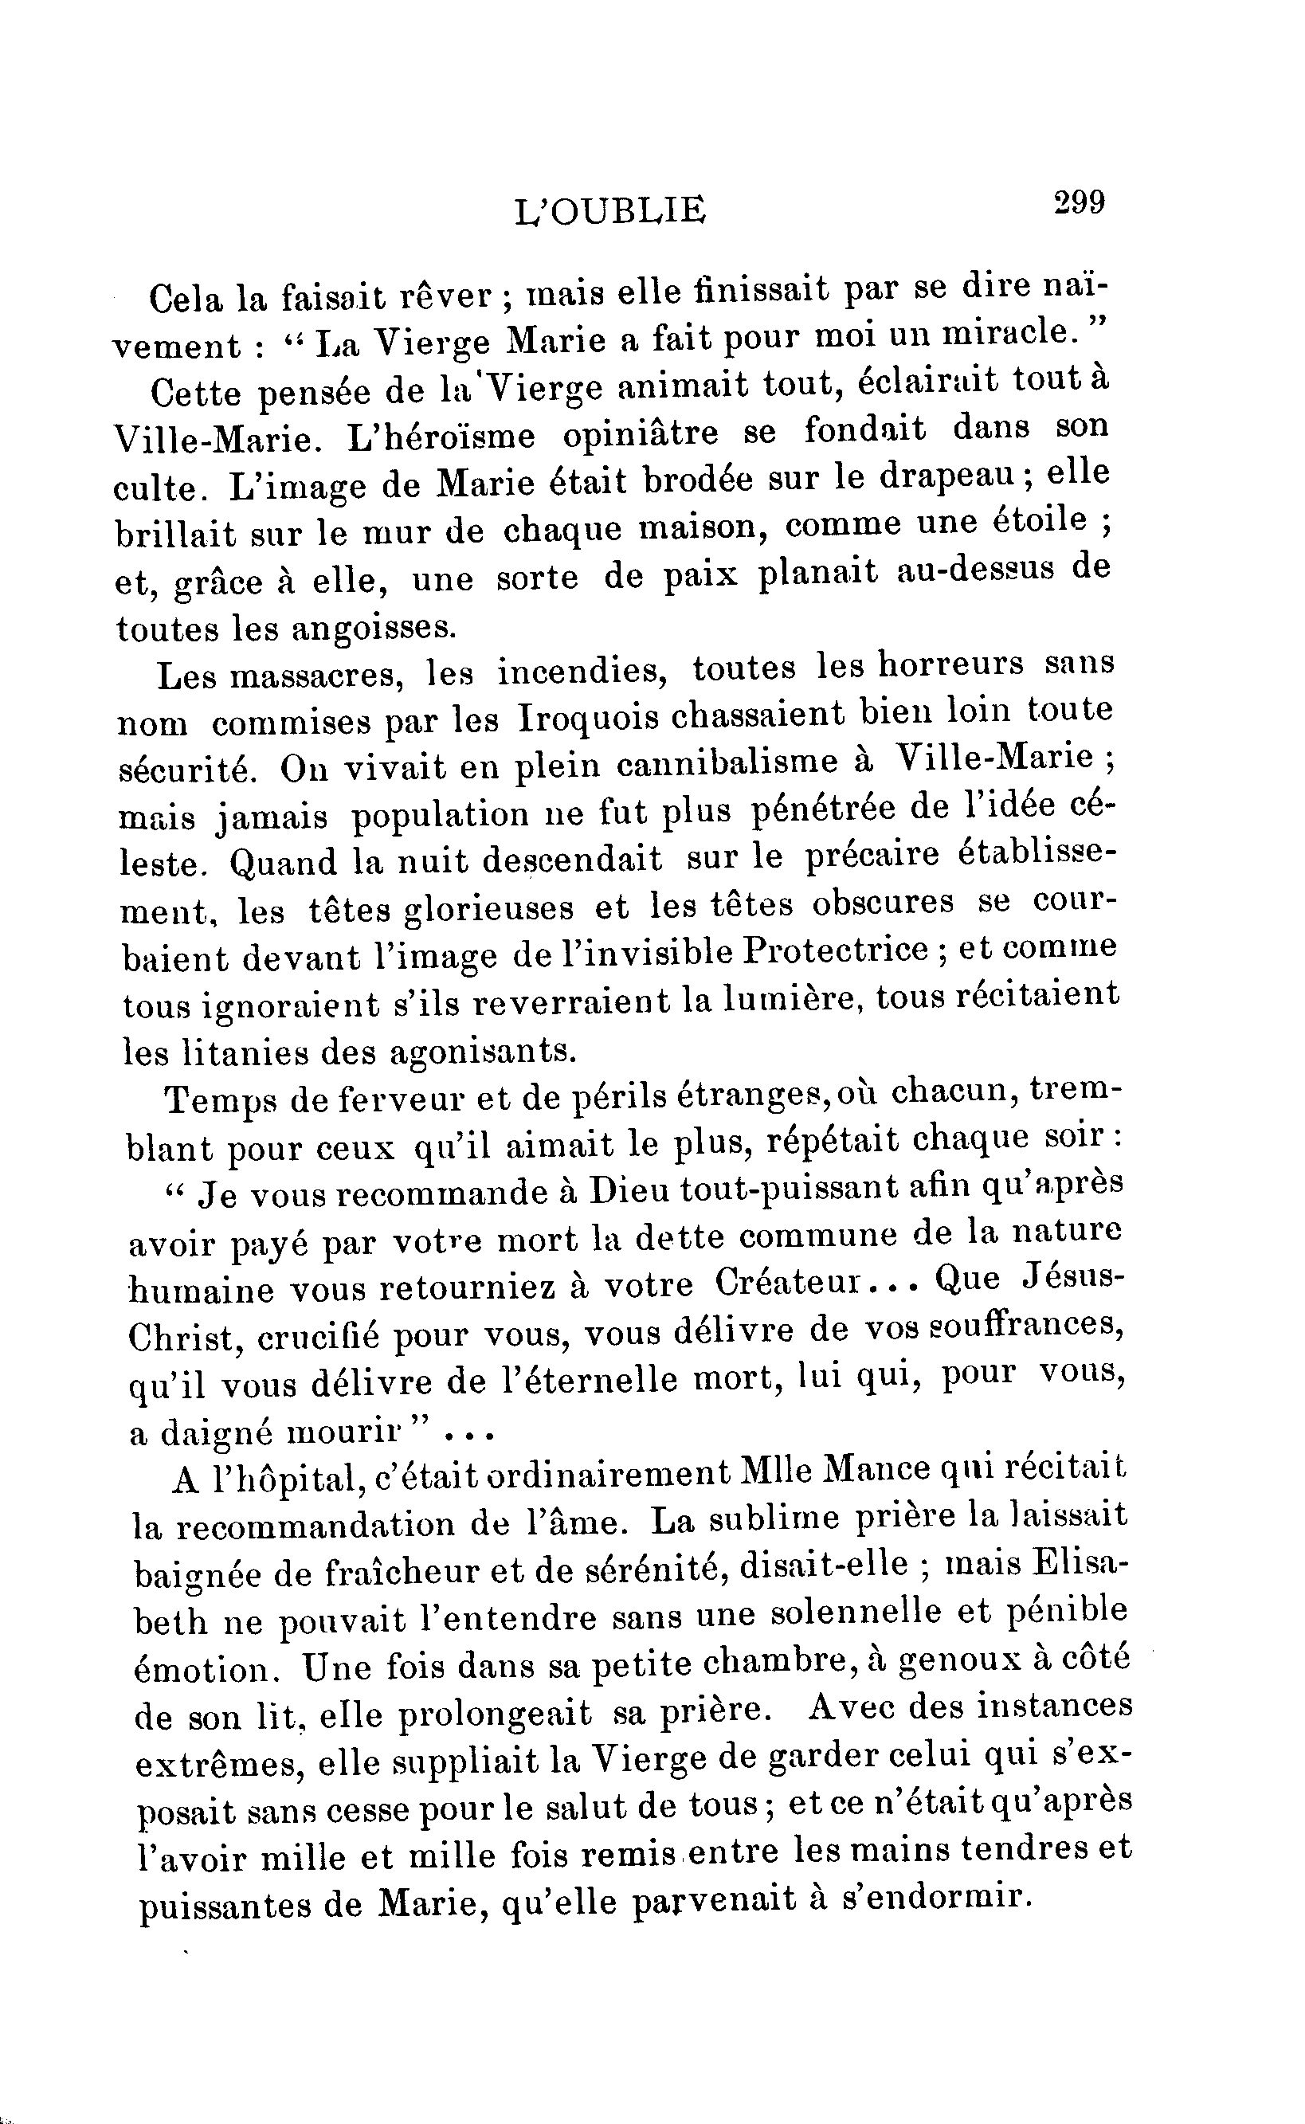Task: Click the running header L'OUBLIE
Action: pos(609,211)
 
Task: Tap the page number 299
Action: pos(1078,204)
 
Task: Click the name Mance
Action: pos(878,1471)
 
